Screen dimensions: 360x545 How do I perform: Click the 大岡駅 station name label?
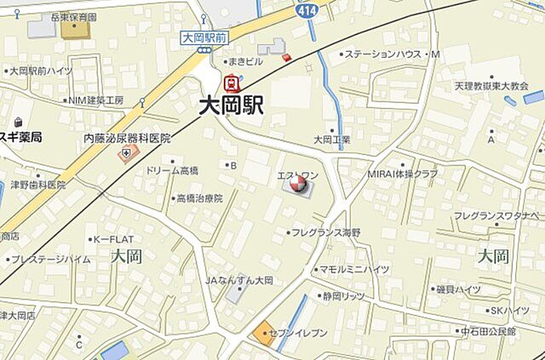click(x=232, y=106)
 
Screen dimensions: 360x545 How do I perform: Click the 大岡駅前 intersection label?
click(x=204, y=37)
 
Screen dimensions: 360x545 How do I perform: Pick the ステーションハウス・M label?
click(x=392, y=54)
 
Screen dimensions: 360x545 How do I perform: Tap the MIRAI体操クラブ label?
click(x=403, y=174)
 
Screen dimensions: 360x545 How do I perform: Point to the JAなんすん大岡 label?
click(x=239, y=280)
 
